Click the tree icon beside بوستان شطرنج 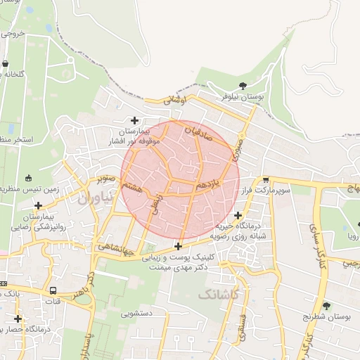tap(326, 306)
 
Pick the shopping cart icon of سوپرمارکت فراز tap(265, 181)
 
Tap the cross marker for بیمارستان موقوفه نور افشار tap(134, 120)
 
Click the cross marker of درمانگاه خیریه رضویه tap(238, 215)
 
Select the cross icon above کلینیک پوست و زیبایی tap(179, 246)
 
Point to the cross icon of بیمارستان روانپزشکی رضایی tap(38, 205)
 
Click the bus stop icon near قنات tap(53, 291)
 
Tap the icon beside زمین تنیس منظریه tap(28, 178)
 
